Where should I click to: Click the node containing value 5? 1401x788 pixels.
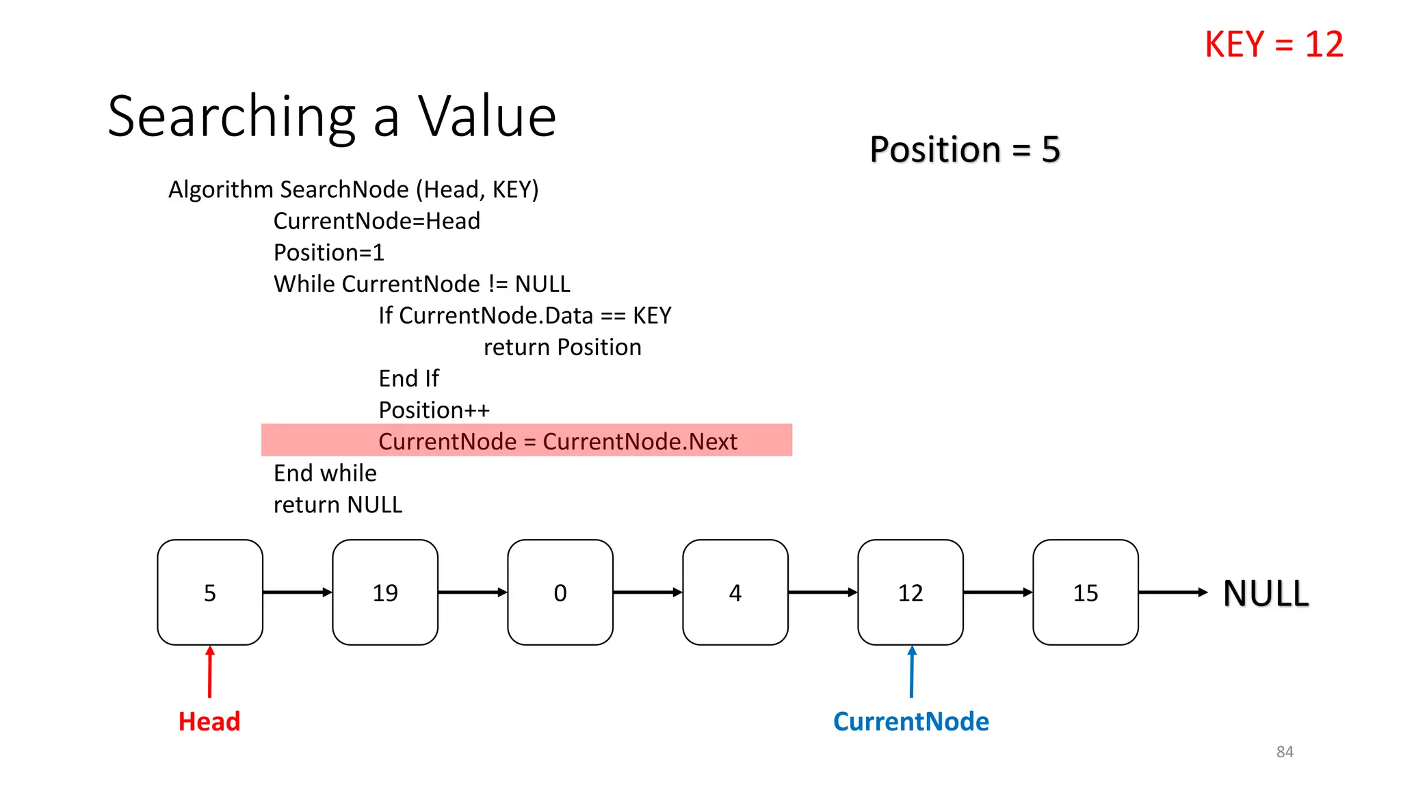pos(210,592)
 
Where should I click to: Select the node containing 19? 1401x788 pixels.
pos(385,592)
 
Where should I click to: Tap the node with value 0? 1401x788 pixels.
pos(560,592)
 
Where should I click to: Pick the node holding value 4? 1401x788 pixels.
pos(735,592)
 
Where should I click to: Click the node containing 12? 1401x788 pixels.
pos(911,592)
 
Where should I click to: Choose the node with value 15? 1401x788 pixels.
pos(1086,592)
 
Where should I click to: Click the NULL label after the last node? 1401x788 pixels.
pos(1266,593)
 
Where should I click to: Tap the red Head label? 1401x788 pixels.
pos(209,722)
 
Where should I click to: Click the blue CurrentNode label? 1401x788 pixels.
pos(911,722)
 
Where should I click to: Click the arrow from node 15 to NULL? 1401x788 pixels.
pos(1173,592)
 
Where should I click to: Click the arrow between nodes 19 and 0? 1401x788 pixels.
pos(473,592)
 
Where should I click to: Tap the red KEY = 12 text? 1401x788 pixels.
pos(1274,45)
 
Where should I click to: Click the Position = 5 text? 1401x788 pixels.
pos(965,149)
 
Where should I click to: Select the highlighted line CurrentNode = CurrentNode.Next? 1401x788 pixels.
pos(558,441)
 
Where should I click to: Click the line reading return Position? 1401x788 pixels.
pos(562,347)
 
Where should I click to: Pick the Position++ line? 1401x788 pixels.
pos(434,410)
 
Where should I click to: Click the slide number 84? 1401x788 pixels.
pos(1285,752)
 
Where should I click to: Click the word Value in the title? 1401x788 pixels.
pos(487,117)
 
